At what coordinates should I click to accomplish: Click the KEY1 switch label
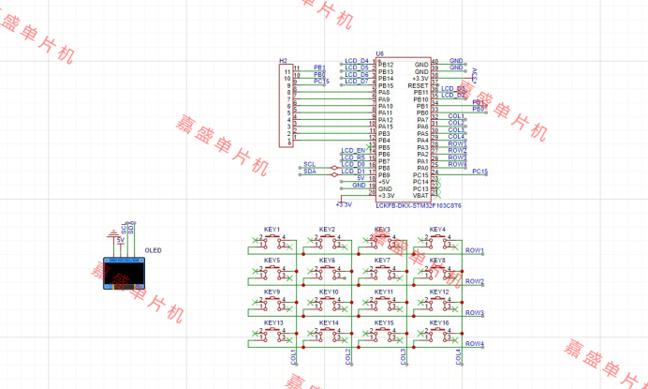click(272, 230)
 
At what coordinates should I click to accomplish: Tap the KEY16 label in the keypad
click(438, 322)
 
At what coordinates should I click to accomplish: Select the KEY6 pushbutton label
click(327, 261)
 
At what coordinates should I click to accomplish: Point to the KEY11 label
click(383, 292)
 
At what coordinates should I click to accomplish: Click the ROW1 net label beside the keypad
click(475, 250)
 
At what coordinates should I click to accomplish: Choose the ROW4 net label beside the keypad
click(475, 344)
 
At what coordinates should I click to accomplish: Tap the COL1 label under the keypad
click(294, 357)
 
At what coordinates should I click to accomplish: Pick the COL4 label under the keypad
click(459, 357)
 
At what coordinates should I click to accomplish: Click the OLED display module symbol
click(124, 271)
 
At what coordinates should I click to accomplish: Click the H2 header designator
click(283, 60)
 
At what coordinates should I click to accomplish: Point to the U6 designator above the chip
click(380, 53)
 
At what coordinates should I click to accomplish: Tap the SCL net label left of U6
click(310, 164)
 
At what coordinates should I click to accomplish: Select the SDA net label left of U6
click(310, 172)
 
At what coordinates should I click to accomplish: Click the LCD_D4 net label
click(356, 61)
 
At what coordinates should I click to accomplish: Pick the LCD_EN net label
click(352, 151)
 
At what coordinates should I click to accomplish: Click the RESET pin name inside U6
click(418, 85)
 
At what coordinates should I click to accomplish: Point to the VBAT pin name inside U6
click(420, 195)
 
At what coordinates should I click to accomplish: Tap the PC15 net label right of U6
click(479, 172)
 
